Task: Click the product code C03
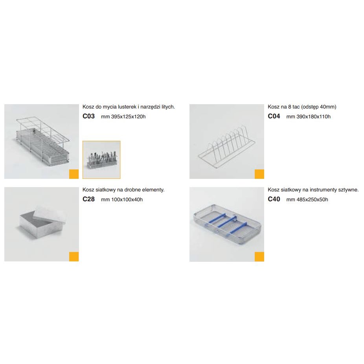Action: click(88, 116)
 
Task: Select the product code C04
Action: click(274, 116)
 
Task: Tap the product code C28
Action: click(88, 199)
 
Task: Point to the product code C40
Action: click(274, 199)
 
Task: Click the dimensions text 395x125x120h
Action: click(128, 116)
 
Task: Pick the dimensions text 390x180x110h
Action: click(313, 116)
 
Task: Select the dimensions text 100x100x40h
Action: click(127, 199)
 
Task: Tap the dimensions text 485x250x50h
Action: click(312, 199)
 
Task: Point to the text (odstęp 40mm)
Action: click(318, 107)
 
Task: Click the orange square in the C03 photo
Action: click(74, 174)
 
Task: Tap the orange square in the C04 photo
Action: click(259, 174)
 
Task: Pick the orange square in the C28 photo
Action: click(74, 257)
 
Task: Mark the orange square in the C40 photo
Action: click(259, 257)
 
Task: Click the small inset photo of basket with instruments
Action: click(101, 160)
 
